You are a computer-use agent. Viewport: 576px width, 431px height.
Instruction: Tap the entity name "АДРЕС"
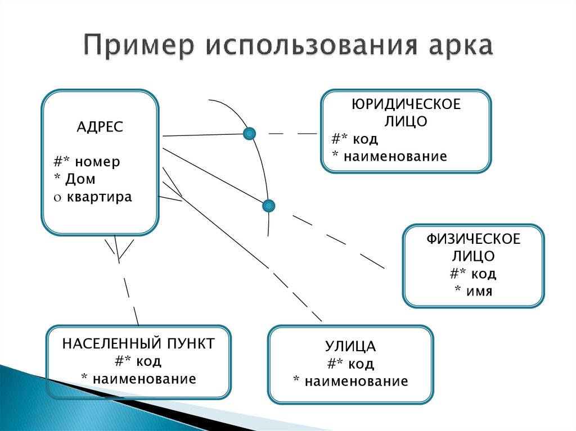point(100,127)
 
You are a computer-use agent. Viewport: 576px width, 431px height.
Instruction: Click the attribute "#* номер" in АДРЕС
point(87,162)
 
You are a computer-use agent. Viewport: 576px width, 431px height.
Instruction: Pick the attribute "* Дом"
point(75,180)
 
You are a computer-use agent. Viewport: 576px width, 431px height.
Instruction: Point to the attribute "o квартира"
point(93,197)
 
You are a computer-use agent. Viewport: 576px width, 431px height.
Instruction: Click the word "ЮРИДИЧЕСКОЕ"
point(406,105)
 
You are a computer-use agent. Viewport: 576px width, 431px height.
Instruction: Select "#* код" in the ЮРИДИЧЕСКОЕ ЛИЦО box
point(355,139)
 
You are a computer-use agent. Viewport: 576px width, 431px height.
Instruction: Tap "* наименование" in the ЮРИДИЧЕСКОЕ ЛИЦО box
point(389,156)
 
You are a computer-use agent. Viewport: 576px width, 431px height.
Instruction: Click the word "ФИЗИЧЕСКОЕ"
point(473,239)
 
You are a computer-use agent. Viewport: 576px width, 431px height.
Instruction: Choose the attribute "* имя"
point(473,291)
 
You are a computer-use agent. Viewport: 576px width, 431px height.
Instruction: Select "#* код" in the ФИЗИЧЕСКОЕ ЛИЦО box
point(473,274)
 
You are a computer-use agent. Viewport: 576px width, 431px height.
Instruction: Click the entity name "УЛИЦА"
point(350,346)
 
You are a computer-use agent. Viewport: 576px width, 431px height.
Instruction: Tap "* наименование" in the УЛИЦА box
point(350,381)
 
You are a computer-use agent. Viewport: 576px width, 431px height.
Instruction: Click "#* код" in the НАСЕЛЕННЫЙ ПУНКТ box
point(138,361)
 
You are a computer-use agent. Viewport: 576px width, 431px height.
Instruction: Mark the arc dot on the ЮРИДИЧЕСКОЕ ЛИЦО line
point(249,134)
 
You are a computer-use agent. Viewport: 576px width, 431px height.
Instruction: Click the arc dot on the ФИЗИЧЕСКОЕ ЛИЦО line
point(269,206)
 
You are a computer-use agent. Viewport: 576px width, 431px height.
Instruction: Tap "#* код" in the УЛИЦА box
point(350,364)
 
